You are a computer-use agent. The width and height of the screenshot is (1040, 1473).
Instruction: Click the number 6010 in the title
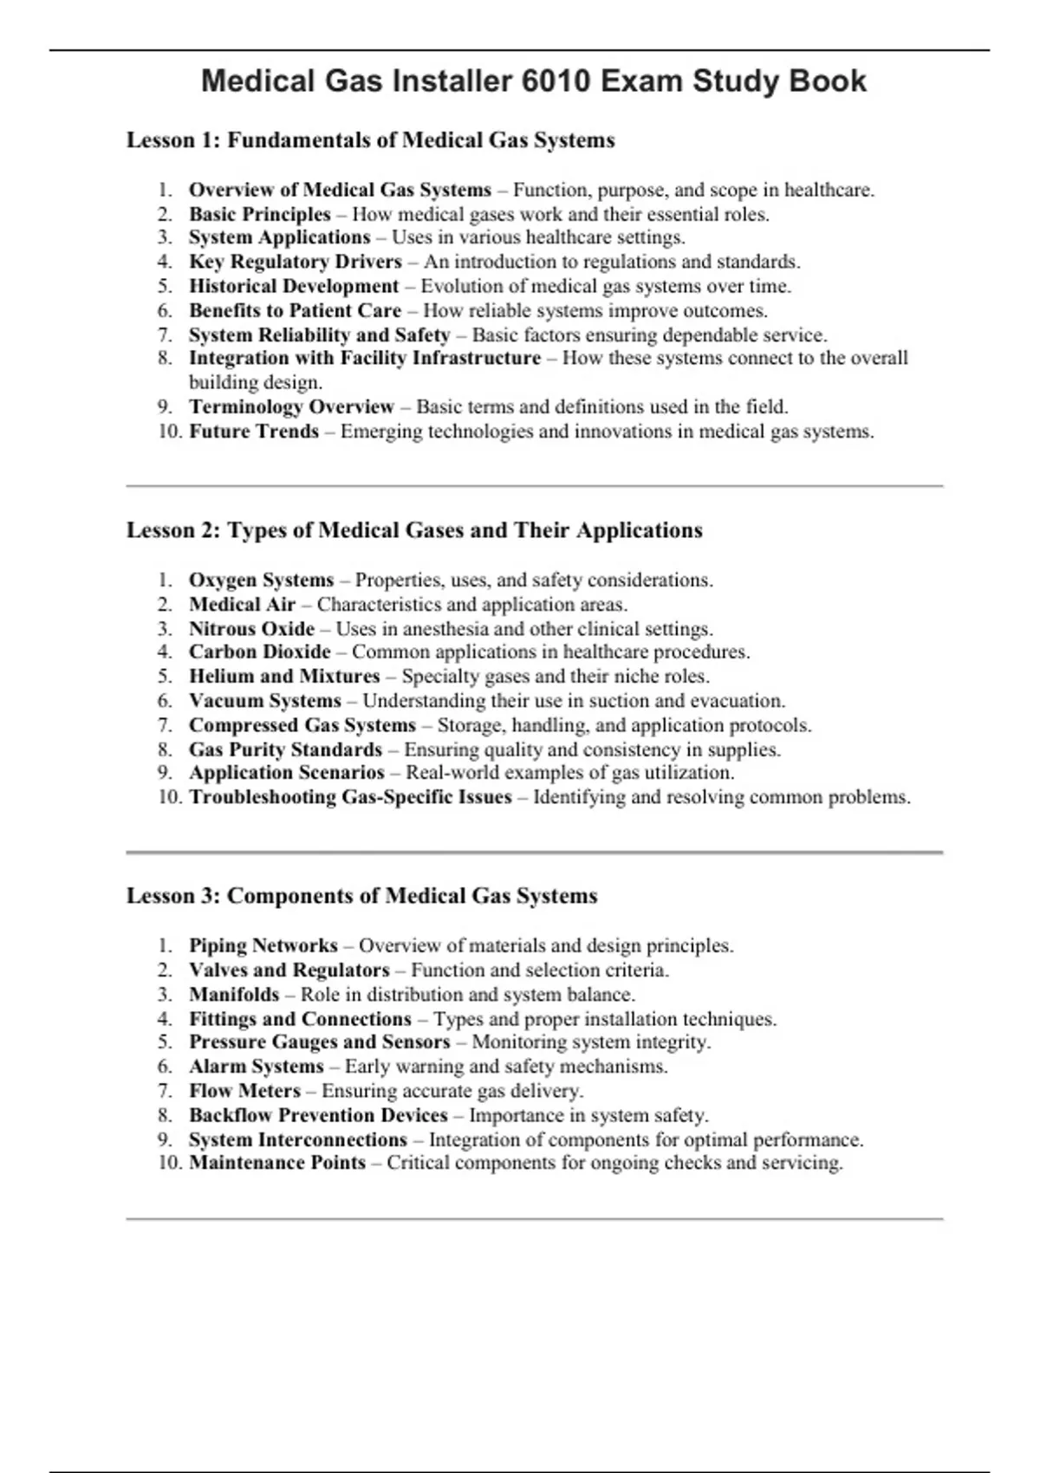pos(556,81)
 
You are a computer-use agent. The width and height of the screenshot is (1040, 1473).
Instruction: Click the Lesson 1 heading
pos(370,140)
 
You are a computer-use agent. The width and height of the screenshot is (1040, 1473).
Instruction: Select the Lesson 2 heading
pos(414,530)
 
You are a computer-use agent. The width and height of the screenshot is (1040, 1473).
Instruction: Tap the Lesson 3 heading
pos(361,896)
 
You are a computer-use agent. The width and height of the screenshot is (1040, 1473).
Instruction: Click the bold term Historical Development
pos(294,286)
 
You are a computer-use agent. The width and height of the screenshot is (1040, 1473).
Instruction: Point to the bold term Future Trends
pos(254,432)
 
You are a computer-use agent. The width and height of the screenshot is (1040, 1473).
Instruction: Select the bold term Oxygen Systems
pos(261,581)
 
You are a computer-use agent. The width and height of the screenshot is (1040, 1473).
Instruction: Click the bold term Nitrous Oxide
pos(251,629)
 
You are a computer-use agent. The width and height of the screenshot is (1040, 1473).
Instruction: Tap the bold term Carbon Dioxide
pos(260,652)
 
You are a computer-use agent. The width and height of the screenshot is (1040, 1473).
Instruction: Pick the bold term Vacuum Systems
pos(265,701)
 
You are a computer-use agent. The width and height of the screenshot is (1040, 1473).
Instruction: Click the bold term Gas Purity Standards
pos(285,749)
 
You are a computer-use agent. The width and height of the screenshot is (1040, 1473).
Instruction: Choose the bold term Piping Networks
pos(263,946)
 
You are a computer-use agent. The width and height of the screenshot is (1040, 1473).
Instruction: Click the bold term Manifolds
pos(234,995)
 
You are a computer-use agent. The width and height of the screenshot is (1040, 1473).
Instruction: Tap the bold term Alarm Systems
pos(256,1067)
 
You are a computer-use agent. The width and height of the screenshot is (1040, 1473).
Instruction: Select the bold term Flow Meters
pos(244,1091)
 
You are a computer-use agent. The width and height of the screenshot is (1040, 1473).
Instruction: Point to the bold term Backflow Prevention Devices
pos(318,1115)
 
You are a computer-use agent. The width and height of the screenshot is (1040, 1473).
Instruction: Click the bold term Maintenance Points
pos(277,1163)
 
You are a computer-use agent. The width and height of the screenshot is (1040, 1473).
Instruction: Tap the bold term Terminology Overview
pos(291,407)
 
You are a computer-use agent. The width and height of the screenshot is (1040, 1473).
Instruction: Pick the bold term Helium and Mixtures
pos(284,677)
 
